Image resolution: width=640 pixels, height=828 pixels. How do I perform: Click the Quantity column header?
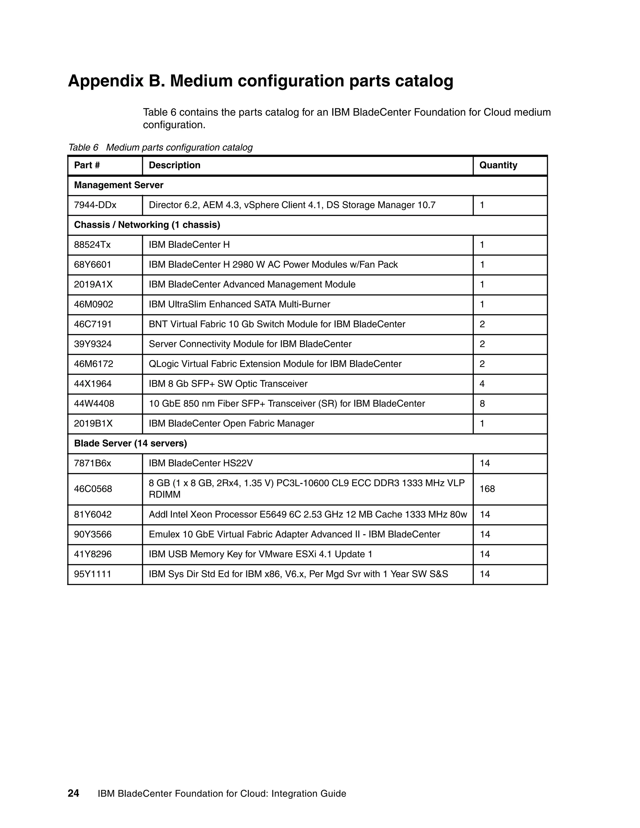[498, 165]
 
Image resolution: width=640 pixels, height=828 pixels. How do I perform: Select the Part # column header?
[87, 165]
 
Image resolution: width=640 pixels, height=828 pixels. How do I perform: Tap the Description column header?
[174, 165]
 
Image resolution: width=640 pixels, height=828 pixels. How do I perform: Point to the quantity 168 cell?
[487, 489]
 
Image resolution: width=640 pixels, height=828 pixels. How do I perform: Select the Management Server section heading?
[119, 185]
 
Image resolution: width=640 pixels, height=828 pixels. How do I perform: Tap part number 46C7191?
[93, 324]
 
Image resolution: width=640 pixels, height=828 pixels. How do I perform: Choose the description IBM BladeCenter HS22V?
[201, 463]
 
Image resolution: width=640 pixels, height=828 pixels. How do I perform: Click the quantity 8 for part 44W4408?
[482, 403]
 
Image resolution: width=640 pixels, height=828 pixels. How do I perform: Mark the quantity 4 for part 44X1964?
[482, 384]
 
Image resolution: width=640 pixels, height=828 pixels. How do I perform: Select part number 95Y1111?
[92, 574]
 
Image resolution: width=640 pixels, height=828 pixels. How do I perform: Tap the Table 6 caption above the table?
[160, 147]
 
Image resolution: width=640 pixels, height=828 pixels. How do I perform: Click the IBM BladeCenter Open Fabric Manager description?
[231, 423]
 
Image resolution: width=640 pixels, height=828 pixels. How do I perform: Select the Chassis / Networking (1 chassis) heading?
[147, 225]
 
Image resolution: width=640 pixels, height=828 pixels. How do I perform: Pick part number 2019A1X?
[93, 284]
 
